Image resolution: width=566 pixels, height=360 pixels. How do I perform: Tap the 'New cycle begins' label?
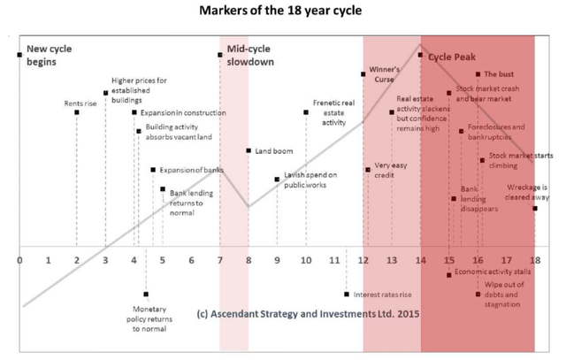(42, 55)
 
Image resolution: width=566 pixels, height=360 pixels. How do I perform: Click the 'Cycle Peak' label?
(452, 55)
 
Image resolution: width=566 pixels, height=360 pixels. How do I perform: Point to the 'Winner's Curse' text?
(385, 73)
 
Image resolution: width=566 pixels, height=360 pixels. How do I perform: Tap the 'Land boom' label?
(269, 151)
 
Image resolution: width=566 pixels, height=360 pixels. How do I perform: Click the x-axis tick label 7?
(219, 261)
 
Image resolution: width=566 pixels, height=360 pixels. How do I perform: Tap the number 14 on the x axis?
(421, 261)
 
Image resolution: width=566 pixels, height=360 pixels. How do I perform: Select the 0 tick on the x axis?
(19, 261)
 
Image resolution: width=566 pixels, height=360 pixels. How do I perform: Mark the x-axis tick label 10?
(306, 261)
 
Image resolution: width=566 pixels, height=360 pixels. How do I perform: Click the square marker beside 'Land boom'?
(249, 150)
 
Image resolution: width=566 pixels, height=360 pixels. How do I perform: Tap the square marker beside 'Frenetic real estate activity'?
(306, 111)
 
